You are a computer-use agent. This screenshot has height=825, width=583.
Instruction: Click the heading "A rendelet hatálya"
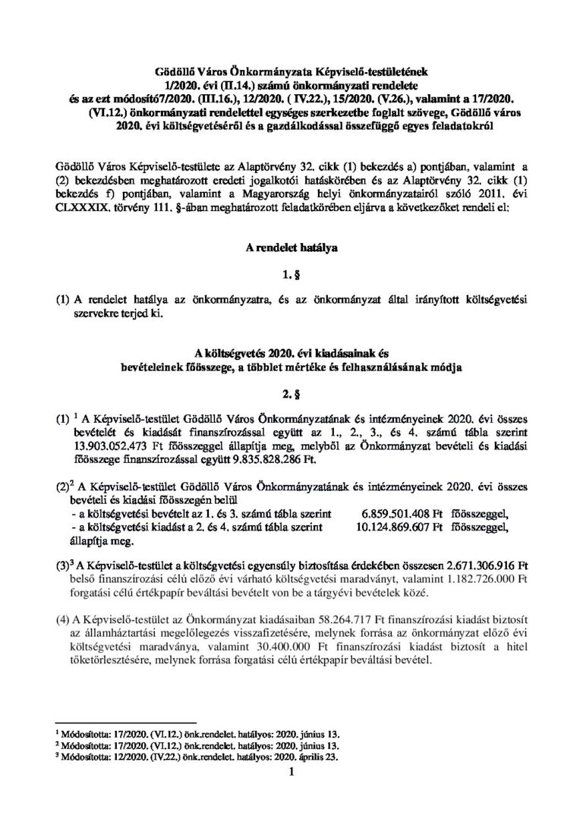click(291, 247)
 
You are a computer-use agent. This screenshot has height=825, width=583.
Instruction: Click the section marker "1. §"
click(291, 273)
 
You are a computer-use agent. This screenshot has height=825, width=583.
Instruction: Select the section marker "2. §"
click(291, 393)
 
